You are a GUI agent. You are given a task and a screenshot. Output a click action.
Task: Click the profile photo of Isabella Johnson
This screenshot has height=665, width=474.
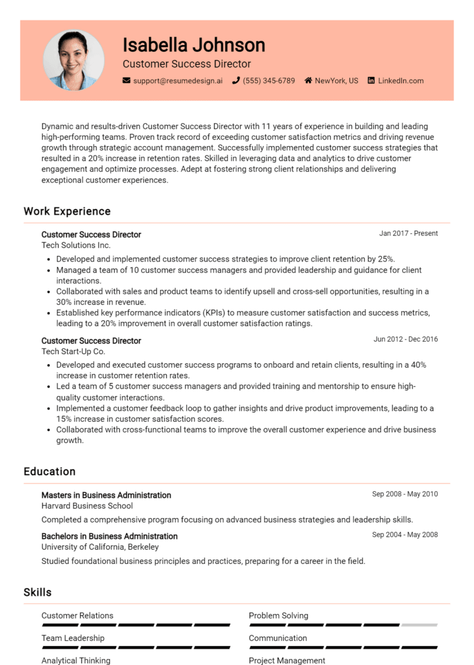(73, 60)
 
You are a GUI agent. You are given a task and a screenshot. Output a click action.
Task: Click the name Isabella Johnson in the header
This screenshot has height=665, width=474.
(194, 44)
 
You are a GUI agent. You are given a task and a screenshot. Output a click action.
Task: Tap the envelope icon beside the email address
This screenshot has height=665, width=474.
(127, 81)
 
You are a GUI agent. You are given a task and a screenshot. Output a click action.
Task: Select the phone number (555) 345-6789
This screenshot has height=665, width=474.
(268, 81)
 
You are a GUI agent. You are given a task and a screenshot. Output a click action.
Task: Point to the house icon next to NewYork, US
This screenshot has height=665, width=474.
(308, 81)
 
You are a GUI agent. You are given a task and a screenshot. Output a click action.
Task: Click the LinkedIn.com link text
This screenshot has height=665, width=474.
(401, 81)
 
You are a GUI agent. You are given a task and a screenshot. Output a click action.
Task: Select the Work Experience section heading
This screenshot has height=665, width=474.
(67, 211)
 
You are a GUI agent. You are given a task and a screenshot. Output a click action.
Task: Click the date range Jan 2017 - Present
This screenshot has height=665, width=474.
(409, 233)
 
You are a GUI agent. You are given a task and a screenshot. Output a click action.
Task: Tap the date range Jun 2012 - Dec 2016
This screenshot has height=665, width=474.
(405, 339)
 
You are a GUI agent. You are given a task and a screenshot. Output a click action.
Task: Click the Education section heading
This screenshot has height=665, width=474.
(49, 471)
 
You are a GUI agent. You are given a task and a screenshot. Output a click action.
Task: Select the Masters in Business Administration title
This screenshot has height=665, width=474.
(106, 495)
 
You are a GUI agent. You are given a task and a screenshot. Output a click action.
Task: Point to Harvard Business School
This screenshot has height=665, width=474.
(87, 506)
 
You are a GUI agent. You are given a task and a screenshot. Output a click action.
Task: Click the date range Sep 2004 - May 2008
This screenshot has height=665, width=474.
(405, 534)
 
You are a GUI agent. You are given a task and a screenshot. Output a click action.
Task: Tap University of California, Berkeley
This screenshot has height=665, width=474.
(100, 547)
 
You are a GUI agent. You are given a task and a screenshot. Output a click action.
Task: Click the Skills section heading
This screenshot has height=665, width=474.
(38, 592)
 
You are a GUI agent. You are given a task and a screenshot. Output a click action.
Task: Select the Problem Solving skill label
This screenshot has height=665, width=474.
(278, 616)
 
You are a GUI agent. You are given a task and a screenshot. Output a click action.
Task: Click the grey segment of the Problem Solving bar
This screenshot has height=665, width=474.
(420, 625)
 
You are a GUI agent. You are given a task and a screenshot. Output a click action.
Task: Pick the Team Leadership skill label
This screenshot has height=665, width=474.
(73, 638)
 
